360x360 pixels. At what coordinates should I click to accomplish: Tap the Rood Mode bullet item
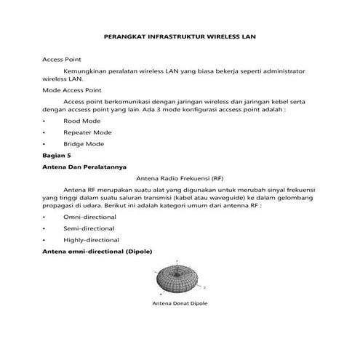tap(81, 120)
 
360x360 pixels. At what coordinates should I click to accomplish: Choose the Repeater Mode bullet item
tap(87, 132)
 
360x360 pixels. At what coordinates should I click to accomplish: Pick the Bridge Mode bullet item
tap(84, 144)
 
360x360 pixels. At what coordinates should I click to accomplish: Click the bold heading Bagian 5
tap(58, 156)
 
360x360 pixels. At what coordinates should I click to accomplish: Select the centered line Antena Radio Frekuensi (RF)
tap(180, 177)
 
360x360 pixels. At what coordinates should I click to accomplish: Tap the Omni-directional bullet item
tap(91, 217)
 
